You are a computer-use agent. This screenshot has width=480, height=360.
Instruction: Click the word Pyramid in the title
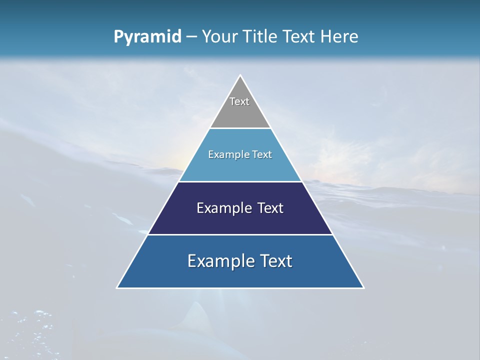click(147, 37)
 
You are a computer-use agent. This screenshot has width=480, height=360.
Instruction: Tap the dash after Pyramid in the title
click(191, 37)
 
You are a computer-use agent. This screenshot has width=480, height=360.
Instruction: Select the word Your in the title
click(218, 37)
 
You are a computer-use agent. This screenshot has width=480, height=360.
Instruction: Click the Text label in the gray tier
click(239, 101)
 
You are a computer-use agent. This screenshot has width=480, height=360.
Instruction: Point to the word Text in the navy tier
click(270, 208)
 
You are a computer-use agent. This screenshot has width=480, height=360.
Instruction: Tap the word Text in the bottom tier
click(276, 261)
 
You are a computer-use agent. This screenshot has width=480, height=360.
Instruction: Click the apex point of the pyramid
click(240, 75)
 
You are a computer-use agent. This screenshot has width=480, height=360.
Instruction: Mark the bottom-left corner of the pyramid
click(117, 287)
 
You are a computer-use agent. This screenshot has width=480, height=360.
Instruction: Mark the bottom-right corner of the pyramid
click(363, 287)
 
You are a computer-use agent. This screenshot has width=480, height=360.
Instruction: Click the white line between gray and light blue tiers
click(240, 128)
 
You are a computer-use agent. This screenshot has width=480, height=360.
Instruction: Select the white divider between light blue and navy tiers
click(240, 181)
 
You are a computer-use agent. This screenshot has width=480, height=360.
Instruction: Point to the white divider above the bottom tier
click(240, 234)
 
